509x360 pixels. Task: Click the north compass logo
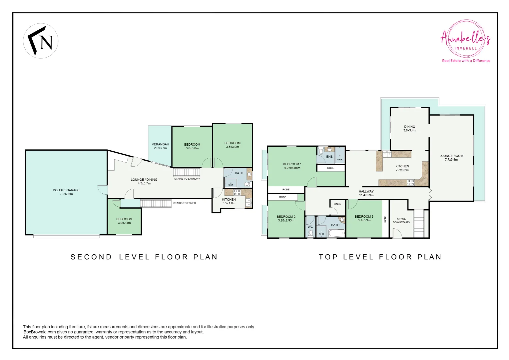pos(41,41)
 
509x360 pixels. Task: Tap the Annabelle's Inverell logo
pos(466,41)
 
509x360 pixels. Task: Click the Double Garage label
pos(66,192)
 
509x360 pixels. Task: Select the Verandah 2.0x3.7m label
pos(160,146)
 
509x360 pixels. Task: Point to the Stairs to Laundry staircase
pos(187,172)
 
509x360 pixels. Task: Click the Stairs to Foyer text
pos(184,203)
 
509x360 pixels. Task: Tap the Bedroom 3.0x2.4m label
pos(124,221)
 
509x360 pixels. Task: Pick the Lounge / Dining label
pos(144,181)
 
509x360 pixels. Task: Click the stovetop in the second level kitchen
pos(237,192)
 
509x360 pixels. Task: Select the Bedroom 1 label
pos(292,166)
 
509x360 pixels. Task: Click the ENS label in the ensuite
pos(329,156)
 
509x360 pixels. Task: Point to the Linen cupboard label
pos(337,204)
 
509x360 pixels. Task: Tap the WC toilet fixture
pos(310,234)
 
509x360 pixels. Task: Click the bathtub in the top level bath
pos(336,233)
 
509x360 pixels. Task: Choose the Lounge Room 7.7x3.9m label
pos(451,158)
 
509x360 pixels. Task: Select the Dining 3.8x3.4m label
pos(409,128)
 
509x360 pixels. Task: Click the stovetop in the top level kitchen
pos(410,182)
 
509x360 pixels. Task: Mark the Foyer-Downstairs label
pos(401,221)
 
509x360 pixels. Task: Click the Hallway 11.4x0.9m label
pos(366,193)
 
